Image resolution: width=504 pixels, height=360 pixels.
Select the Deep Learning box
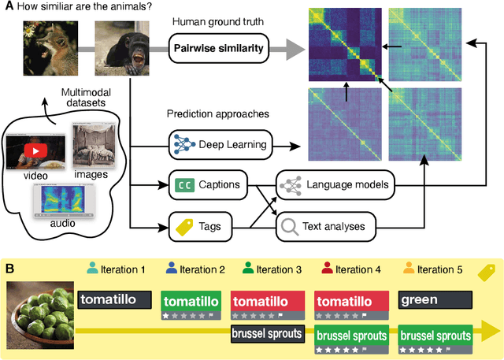point(217,145)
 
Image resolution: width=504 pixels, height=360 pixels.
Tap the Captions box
point(207,186)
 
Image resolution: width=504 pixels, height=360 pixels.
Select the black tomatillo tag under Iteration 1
point(113,300)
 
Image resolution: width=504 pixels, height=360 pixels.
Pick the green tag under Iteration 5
point(435,300)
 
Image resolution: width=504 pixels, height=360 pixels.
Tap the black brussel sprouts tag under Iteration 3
point(266,333)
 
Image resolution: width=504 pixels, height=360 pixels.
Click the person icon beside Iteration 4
point(328,270)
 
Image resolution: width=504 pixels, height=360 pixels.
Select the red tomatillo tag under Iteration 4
point(350,301)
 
